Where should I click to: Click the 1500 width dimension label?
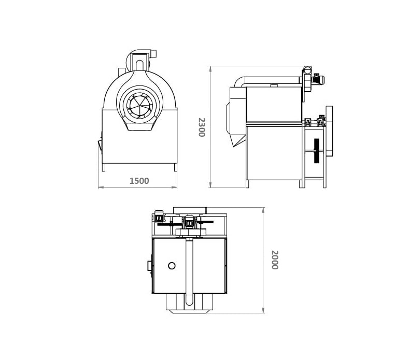pyautogui.click(x=139, y=181)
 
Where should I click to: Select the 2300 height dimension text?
pyautogui.click(x=202, y=127)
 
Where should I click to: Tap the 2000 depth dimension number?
pyautogui.click(x=275, y=260)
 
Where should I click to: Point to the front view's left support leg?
pyautogui.click(x=103, y=167)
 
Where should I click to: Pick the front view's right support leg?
pyautogui.click(x=176, y=167)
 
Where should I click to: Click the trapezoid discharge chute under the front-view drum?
pyautogui.click(x=139, y=126)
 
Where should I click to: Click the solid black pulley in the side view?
pyautogui.click(x=317, y=151)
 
